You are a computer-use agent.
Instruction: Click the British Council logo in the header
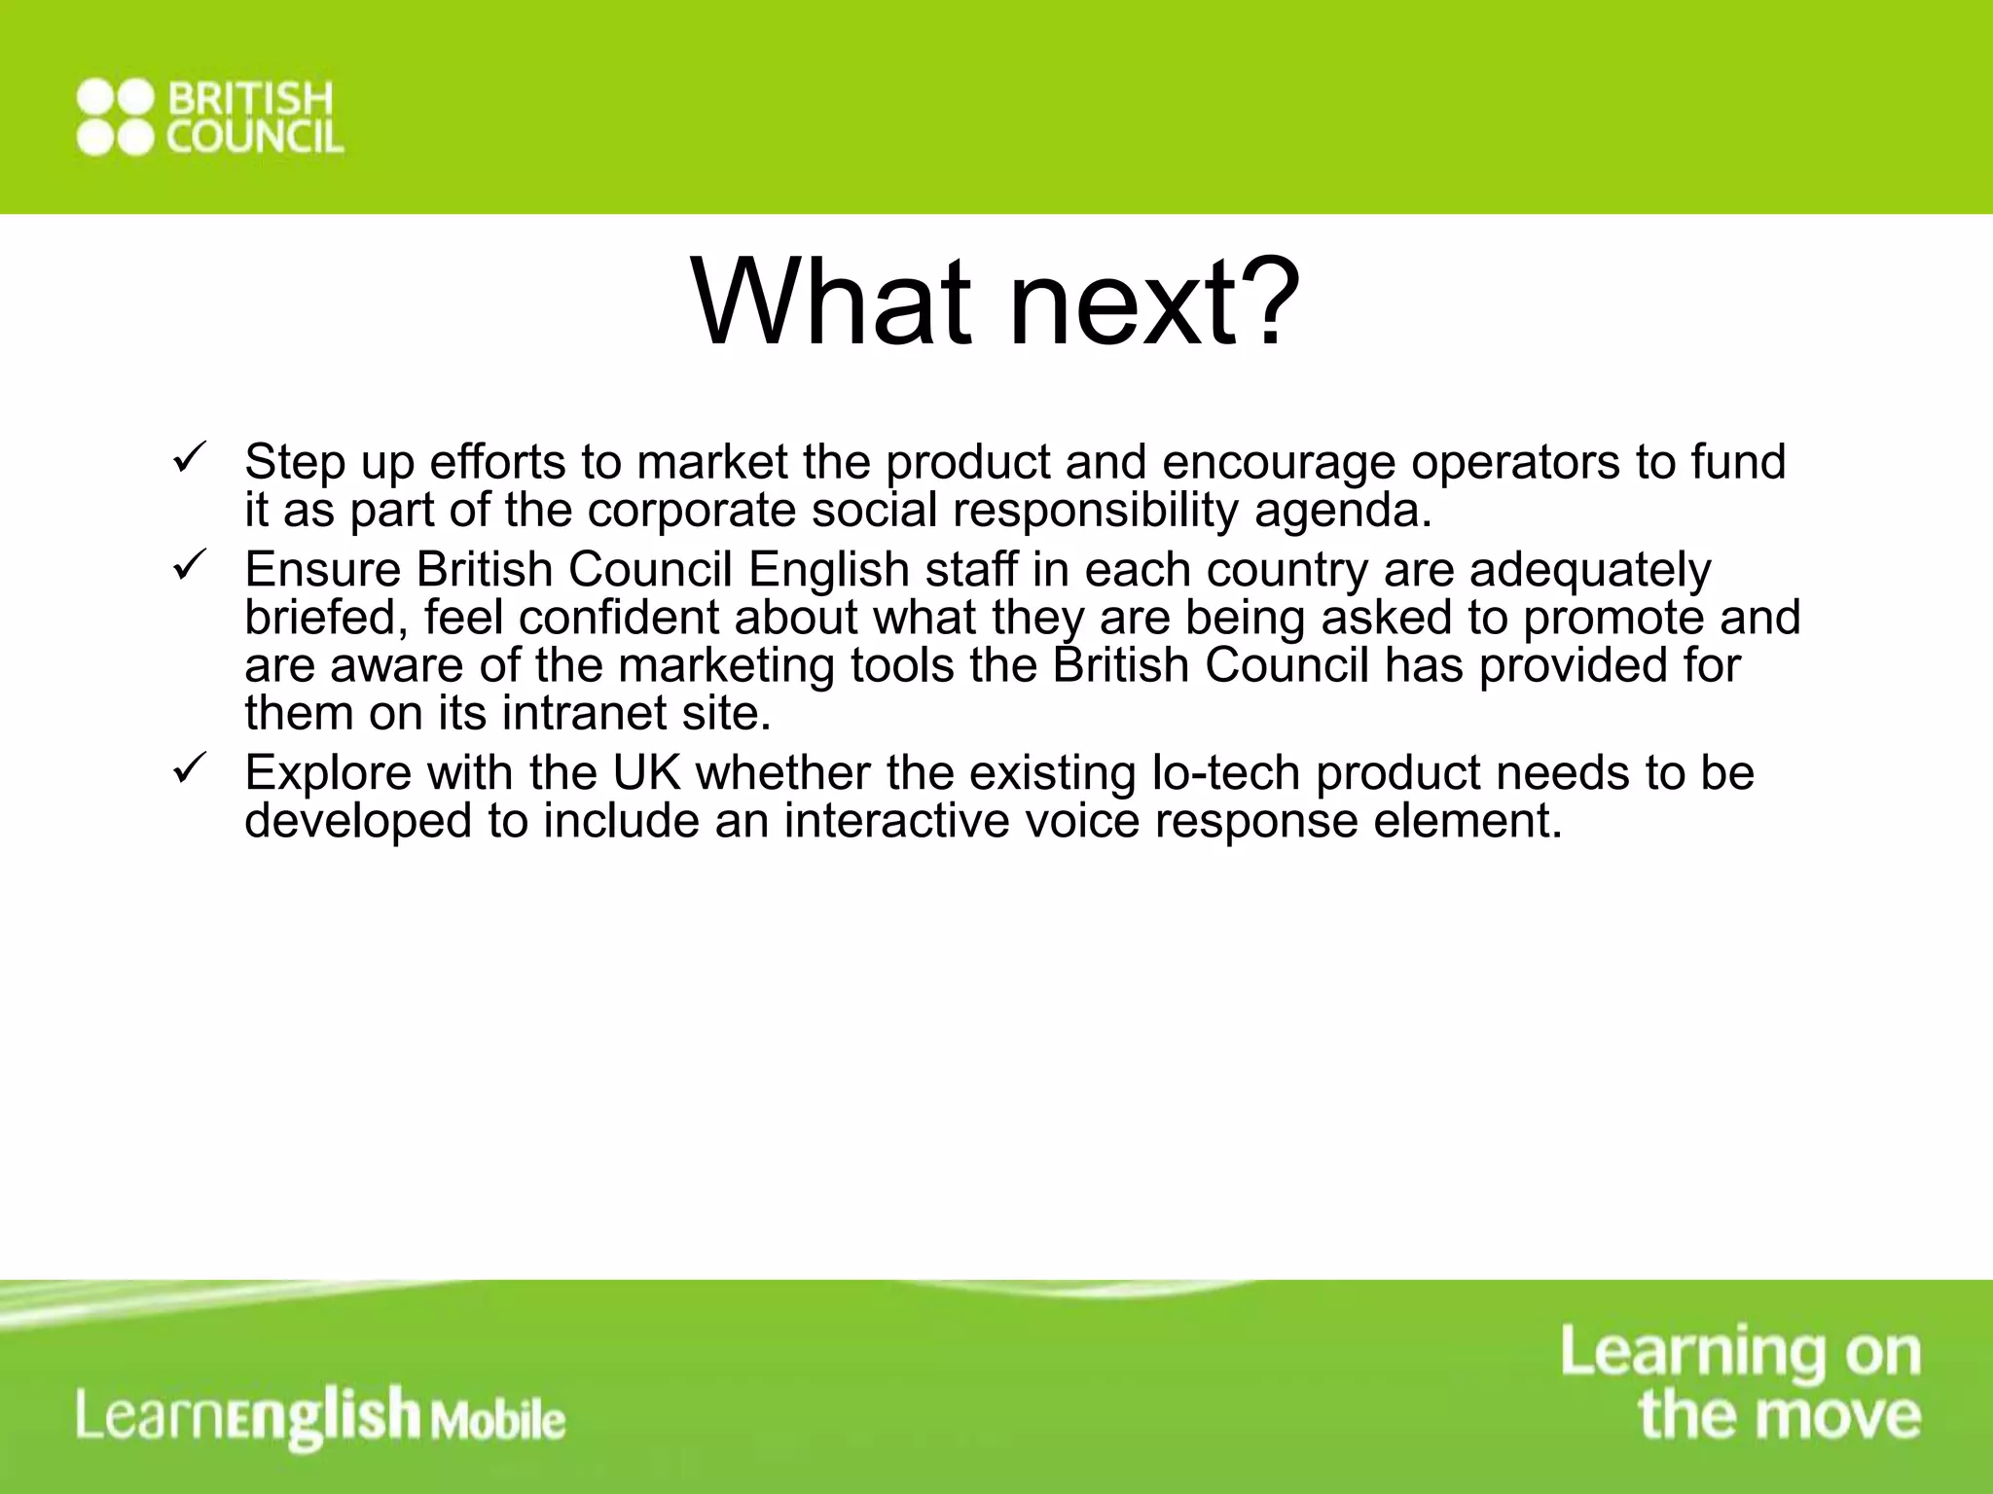210,117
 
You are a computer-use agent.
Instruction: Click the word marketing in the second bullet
726,666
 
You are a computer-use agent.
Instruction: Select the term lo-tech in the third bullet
1225,773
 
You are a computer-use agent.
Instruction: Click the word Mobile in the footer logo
498,1421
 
